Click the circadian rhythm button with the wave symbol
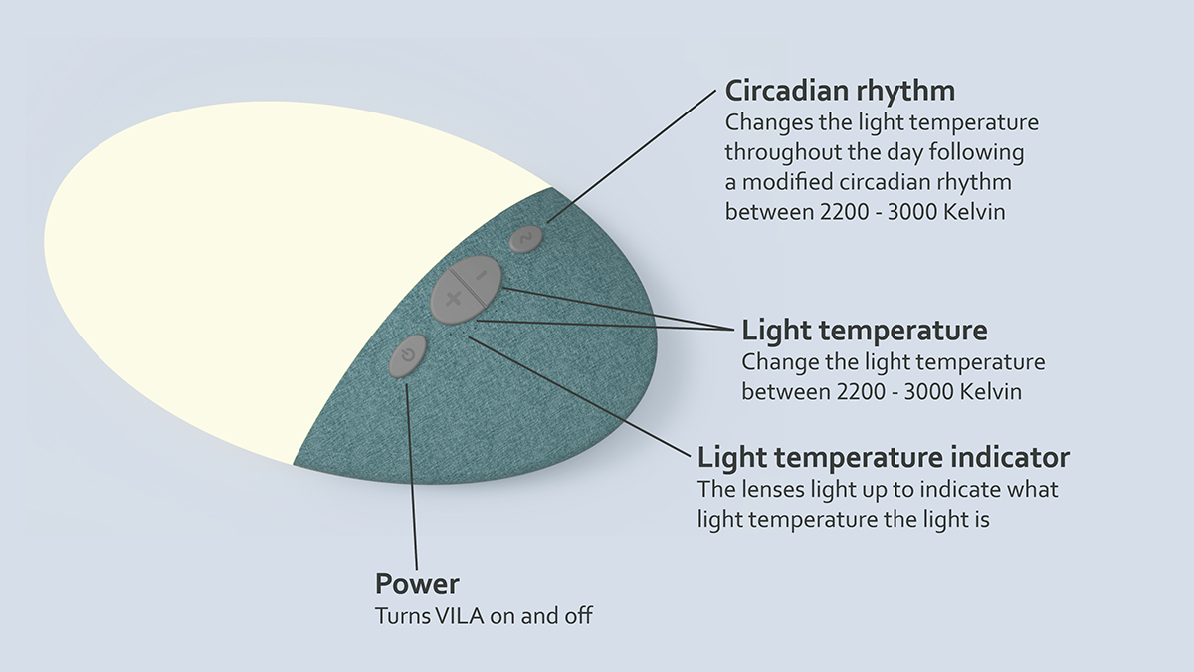pos(526,238)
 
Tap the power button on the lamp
pos(407,356)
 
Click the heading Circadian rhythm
pos(840,91)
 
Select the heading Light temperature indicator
pos(884,457)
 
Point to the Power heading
pos(417,583)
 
